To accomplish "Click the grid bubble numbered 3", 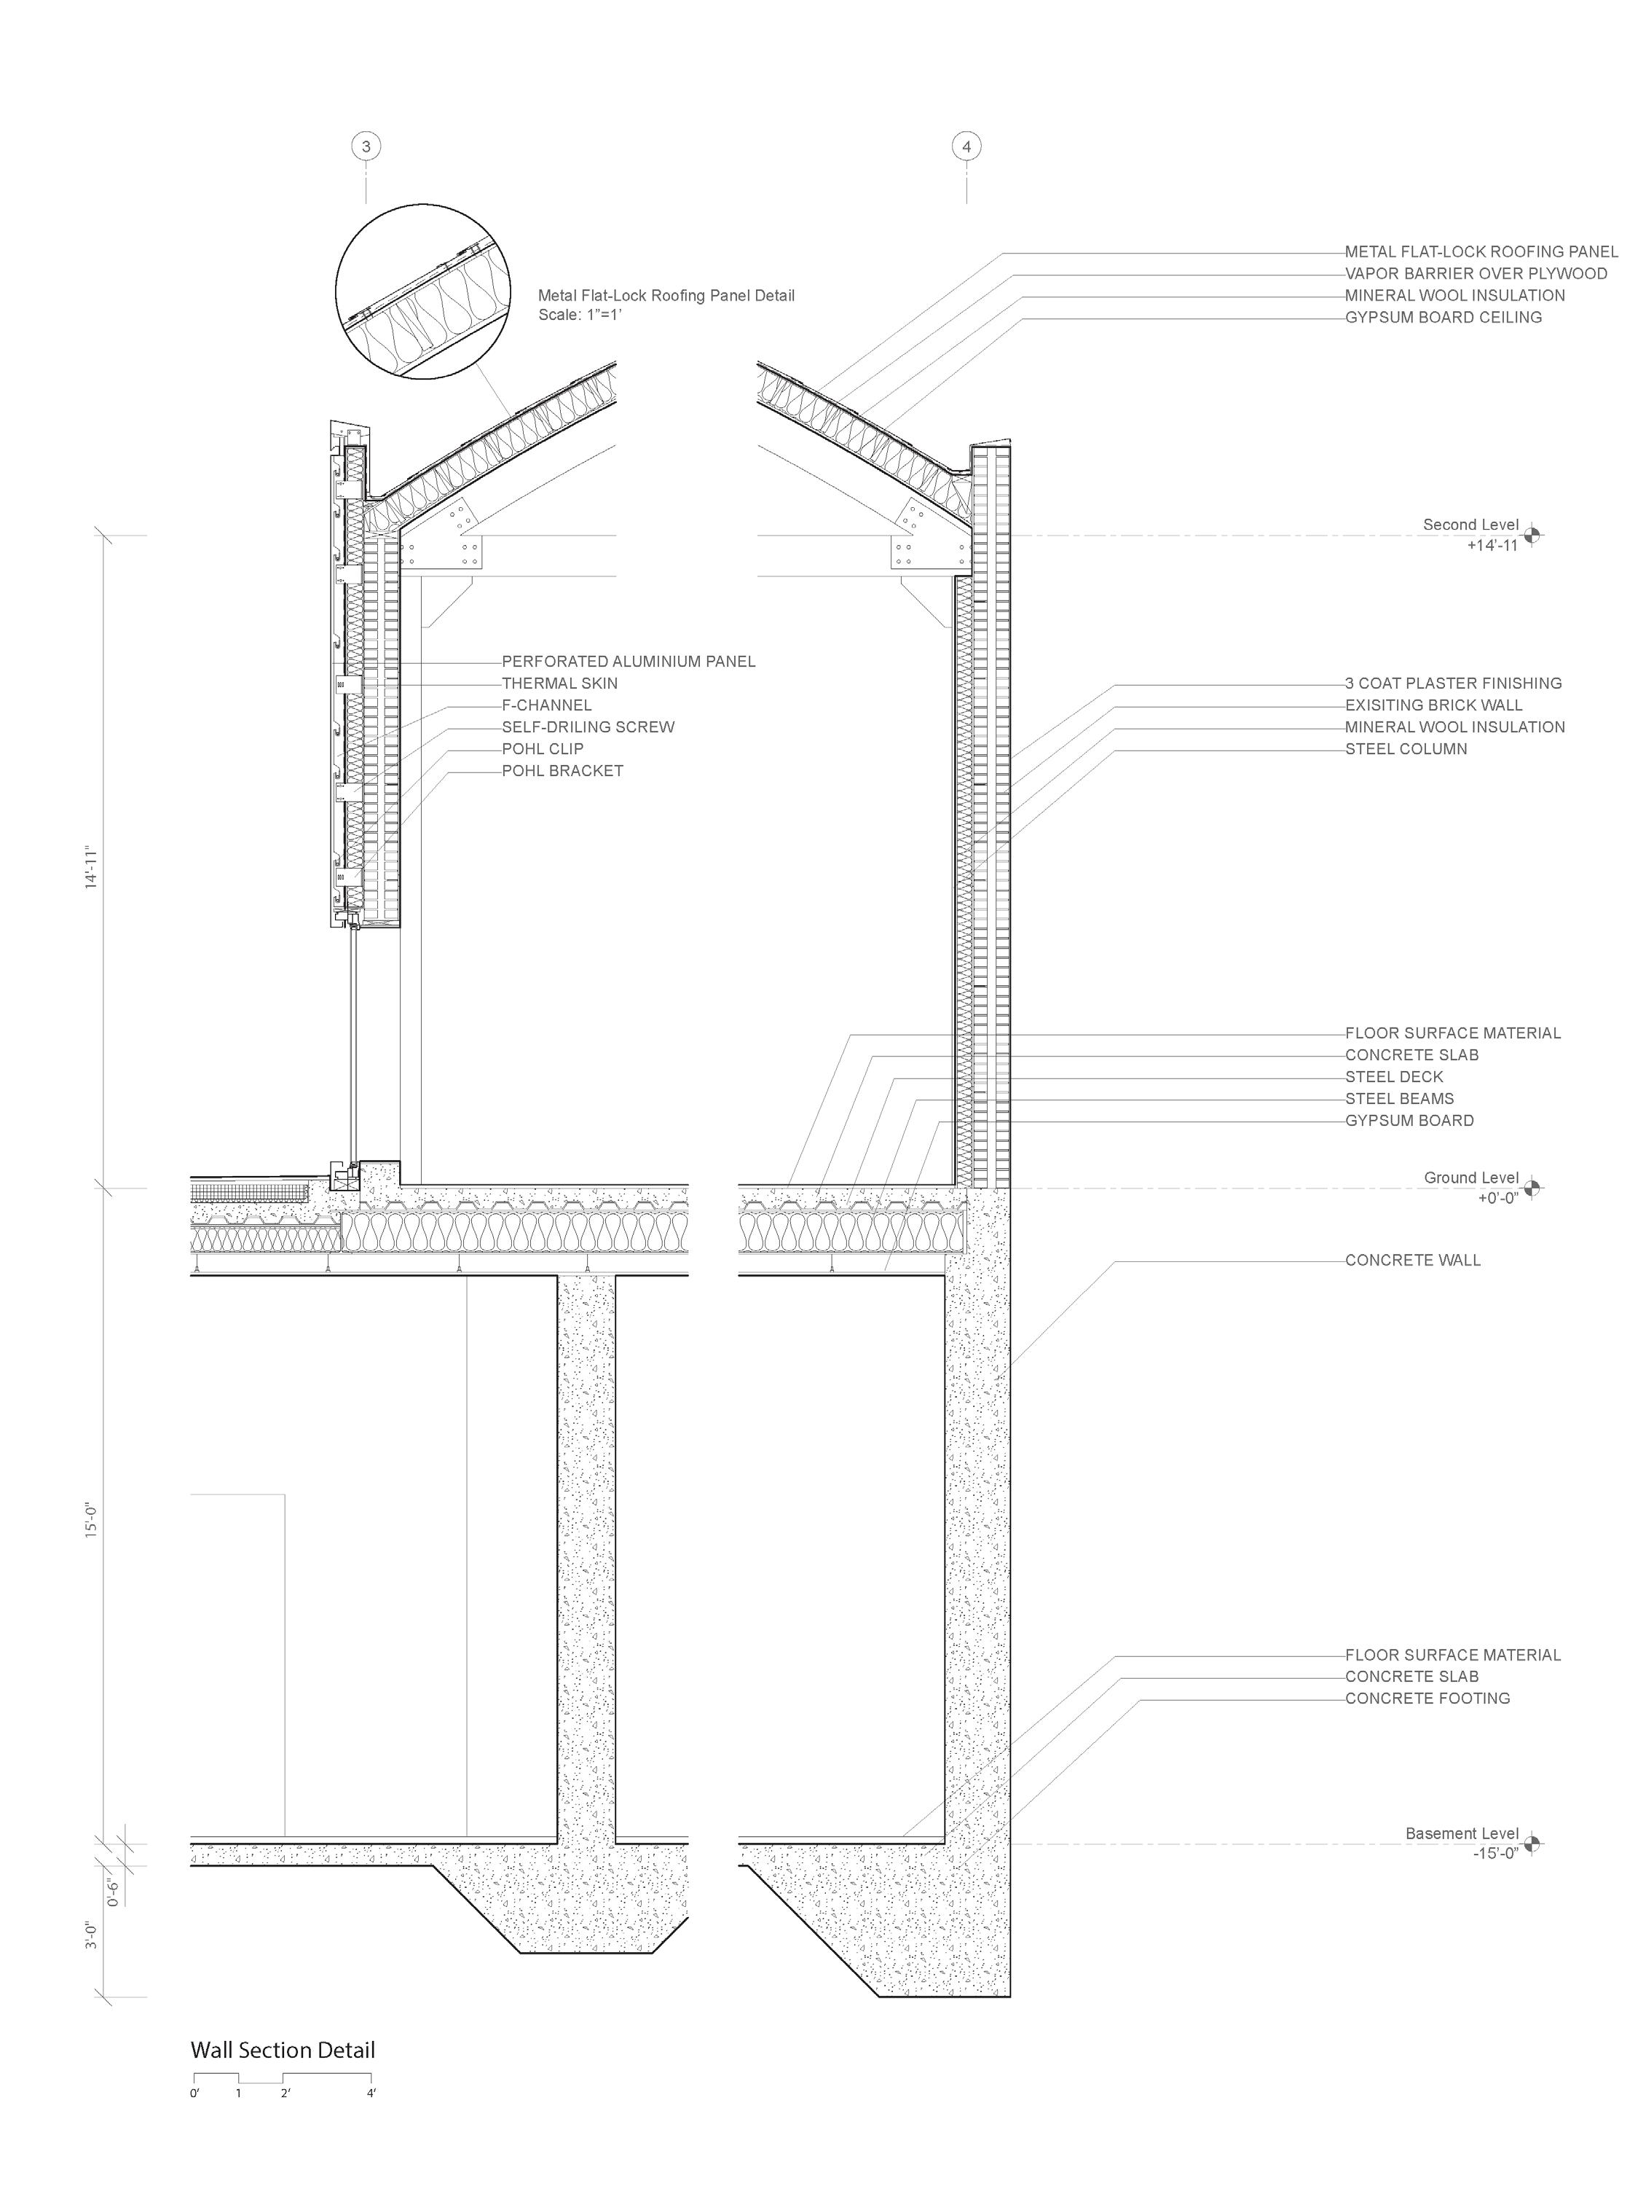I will [366, 147].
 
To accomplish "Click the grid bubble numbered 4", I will [966, 147].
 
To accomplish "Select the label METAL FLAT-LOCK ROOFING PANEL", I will [1481, 252].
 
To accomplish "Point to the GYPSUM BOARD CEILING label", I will [1443, 317].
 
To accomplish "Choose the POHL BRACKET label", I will [562, 771].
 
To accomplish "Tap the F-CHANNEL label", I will [546, 705].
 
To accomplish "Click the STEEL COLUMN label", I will [1406, 749].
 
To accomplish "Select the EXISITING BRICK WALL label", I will [1433, 705].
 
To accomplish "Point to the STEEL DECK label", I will [1394, 1077].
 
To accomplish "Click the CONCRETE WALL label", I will [1413, 1261].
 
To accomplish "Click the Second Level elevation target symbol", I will [1532, 536].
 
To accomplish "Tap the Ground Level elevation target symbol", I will [1532, 1188].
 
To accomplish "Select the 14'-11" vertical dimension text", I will [92, 866].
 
